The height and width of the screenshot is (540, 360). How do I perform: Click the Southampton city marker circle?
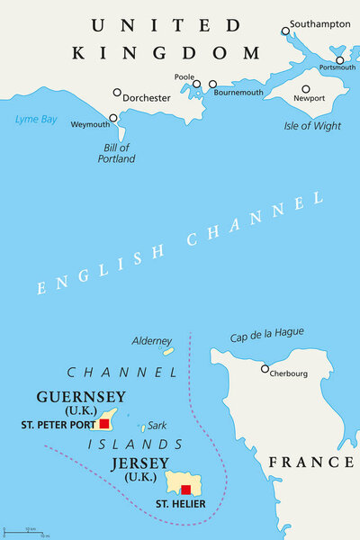(x=285, y=31)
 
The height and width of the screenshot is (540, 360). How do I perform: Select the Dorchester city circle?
(x=117, y=92)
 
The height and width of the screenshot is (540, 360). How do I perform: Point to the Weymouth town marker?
(x=113, y=118)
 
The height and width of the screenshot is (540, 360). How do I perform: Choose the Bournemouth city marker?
(x=213, y=85)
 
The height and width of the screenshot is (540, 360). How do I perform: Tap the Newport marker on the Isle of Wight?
(x=306, y=89)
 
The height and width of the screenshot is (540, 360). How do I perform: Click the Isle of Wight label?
(x=312, y=126)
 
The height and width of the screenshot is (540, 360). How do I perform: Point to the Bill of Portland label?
(x=116, y=153)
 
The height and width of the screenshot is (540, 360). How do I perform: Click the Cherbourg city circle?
(x=265, y=368)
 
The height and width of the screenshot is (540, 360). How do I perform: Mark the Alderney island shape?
(x=168, y=351)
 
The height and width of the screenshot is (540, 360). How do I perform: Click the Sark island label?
(x=157, y=425)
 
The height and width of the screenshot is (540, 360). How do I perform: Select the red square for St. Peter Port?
(x=104, y=422)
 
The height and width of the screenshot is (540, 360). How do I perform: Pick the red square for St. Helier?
(x=185, y=490)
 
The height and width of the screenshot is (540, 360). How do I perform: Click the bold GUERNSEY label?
(x=81, y=397)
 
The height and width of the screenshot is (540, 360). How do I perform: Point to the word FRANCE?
(x=311, y=462)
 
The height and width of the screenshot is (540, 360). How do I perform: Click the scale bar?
(x=26, y=531)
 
